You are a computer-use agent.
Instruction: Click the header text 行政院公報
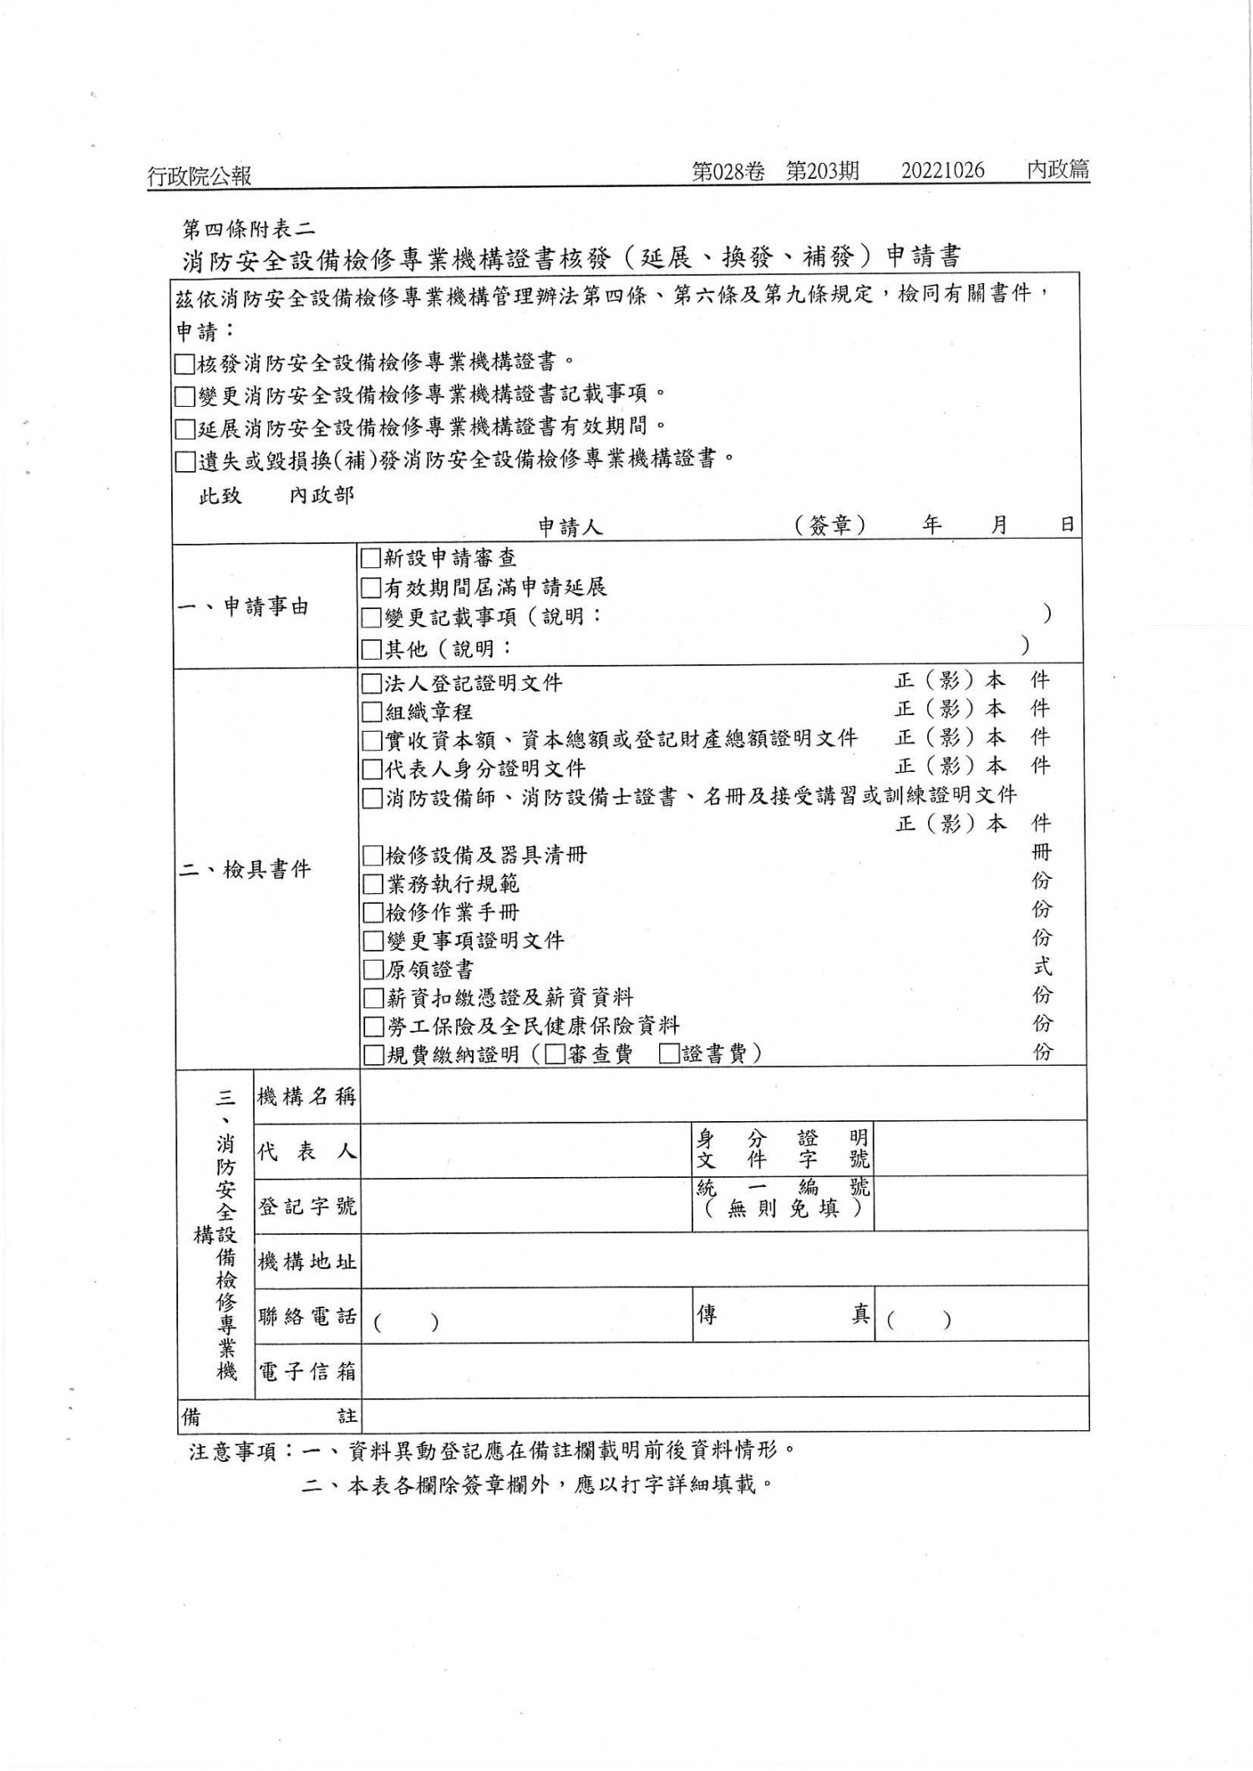[x=199, y=175]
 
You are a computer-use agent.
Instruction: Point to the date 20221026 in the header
[x=942, y=171]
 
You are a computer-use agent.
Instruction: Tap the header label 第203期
[x=822, y=171]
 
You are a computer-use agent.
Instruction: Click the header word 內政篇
[x=1058, y=170]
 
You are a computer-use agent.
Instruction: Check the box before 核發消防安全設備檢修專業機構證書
[x=185, y=364]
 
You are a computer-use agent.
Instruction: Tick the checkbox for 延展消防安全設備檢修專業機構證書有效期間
[x=185, y=429]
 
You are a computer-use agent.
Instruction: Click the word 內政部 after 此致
[x=322, y=495]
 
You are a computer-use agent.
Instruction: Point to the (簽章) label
[x=829, y=525]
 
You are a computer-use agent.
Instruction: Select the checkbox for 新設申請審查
[x=371, y=557]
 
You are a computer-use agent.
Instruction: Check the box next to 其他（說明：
[x=371, y=648]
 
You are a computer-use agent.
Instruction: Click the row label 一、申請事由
[x=243, y=607]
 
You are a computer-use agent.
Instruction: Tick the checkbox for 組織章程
[x=372, y=712]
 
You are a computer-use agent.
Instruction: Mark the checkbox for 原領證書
[x=373, y=969]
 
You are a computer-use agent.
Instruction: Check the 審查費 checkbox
[x=555, y=1054]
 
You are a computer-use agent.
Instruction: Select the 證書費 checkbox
[x=668, y=1054]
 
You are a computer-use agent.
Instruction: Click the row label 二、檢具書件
[x=245, y=870]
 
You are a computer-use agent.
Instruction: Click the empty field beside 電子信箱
[x=723, y=1371]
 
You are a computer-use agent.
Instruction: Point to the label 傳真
[x=783, y=1315]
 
